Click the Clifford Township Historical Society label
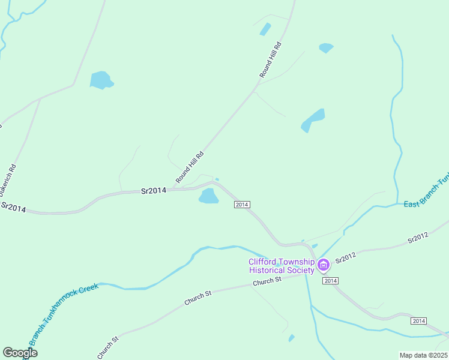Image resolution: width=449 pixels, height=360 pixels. (x=282, y=266)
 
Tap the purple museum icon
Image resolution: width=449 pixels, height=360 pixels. (x=324, y=265)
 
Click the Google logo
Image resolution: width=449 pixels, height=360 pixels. (x=20, y=353)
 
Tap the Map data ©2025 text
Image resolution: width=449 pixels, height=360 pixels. (x=424, y=355)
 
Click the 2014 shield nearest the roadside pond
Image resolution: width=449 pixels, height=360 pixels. (x=241, y=205)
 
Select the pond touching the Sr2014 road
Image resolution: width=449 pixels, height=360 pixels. (x=208, y=196)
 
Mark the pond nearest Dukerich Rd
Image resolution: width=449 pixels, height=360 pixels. (x=101, y=80)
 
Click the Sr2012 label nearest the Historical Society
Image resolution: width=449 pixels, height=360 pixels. (x=346, y=258)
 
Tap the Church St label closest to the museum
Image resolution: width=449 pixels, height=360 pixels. (x=267, y=281)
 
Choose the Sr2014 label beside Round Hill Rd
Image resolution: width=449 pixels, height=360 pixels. (x=153, y=191)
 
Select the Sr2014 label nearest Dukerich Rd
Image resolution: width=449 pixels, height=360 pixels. (x=13, y=207)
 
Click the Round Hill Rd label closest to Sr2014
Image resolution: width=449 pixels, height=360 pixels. (x=190, y=167)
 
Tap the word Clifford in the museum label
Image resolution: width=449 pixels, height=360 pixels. (x=264, y=262)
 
